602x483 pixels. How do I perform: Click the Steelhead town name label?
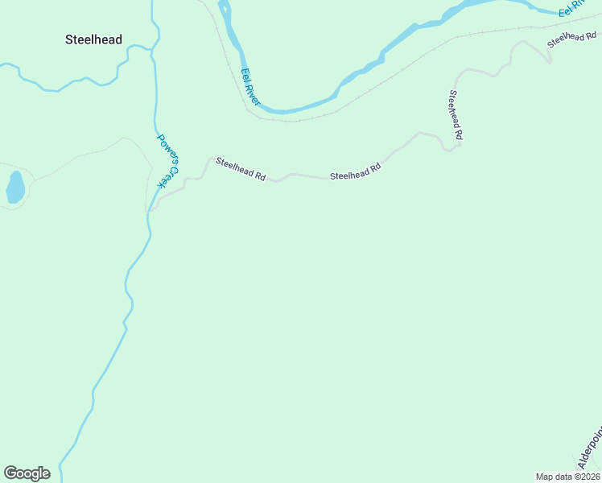[x=94, y=39]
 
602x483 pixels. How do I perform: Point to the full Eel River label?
[x=250, y=87]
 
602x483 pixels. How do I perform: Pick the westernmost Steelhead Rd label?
[x=240, y=169]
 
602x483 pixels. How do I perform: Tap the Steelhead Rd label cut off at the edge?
[x=573, y=38]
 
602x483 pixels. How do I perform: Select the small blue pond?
[x=15, y=187]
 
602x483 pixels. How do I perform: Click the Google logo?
[x=27, y=473]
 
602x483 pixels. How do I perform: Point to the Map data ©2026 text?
[x=568, y=477]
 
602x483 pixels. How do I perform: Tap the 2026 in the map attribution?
[x=590, y=477]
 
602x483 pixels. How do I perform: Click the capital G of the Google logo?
[x=10, y=473]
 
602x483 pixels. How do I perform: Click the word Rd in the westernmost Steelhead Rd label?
[x=260, y=176]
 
